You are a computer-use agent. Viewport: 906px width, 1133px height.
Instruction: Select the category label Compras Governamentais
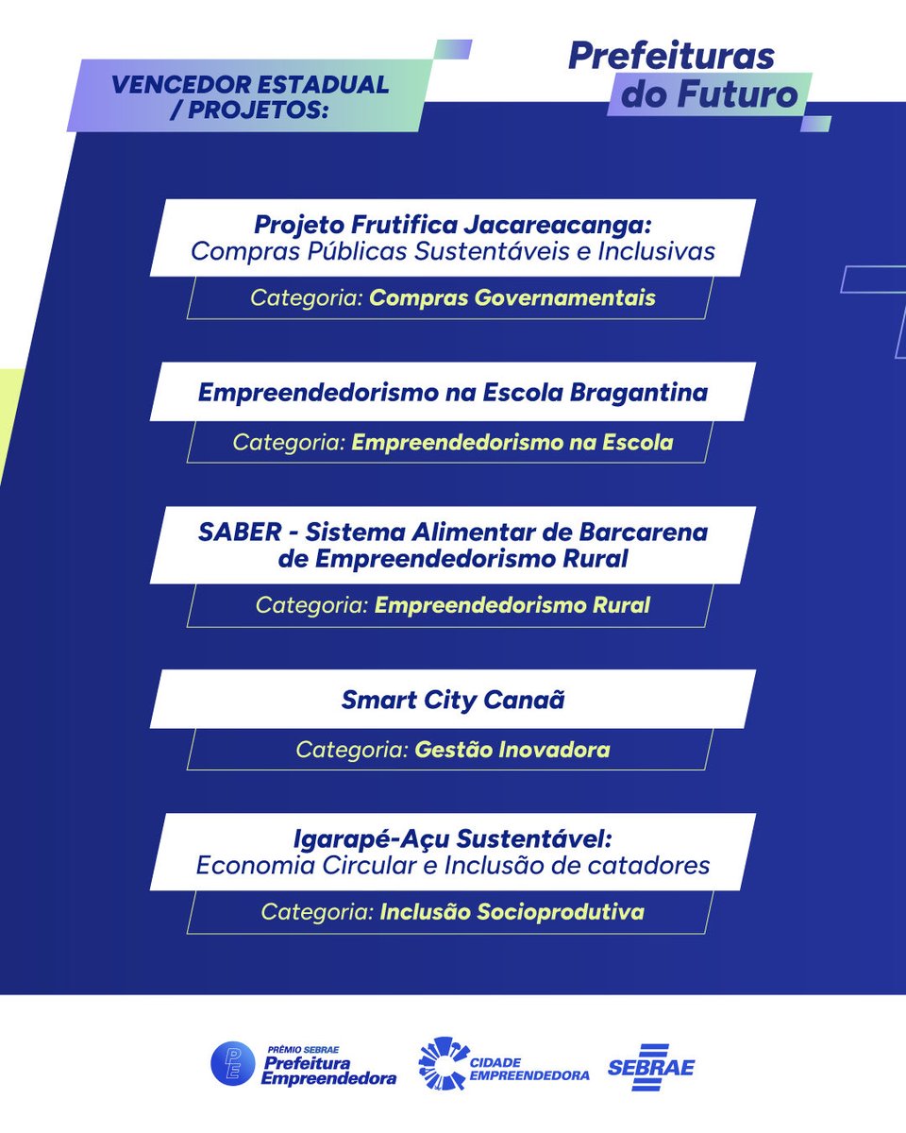(x=512, y=298)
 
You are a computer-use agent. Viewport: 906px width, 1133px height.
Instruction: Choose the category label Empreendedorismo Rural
(x=512, y=605)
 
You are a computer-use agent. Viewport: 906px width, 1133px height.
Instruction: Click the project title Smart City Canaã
(x=453, y=701)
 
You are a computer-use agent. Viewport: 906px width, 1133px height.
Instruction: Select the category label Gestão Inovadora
(x=512, y=751)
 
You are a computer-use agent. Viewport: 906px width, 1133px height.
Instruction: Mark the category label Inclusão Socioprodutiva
(x=512, y=912)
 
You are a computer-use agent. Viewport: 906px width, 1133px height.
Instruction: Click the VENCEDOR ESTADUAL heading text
(x=250, y=84)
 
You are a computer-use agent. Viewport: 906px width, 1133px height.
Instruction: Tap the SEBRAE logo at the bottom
(x=651, y=1068)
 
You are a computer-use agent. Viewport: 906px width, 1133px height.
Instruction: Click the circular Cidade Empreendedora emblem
(x=442, y=1063)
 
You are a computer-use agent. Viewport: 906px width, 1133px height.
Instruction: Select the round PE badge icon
(x=232, y=1064)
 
